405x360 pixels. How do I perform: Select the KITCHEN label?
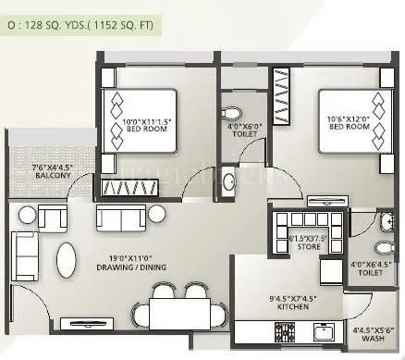(267, 305)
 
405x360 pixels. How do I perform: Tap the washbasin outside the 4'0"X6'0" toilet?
(230, 180)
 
